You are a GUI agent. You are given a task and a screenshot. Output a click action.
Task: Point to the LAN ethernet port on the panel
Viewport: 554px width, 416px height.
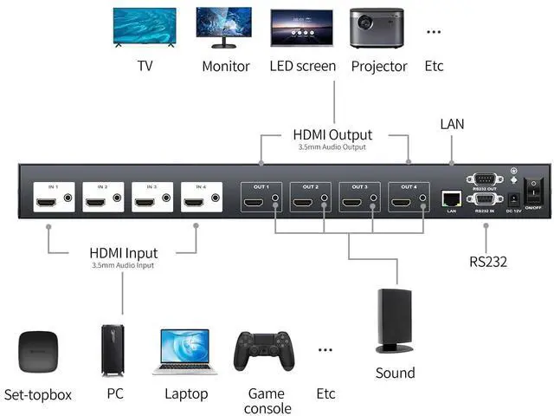[451, 198]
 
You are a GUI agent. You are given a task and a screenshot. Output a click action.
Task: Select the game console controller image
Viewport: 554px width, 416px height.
[266, 351]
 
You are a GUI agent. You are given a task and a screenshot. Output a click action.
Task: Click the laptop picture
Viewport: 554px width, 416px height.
[184, 352]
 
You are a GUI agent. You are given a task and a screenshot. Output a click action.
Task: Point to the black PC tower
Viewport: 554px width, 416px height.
[113, 350]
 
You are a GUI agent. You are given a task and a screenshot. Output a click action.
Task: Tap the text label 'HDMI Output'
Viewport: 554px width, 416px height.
[332, 135]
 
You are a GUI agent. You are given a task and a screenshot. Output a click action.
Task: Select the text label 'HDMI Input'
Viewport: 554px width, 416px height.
[122, 253]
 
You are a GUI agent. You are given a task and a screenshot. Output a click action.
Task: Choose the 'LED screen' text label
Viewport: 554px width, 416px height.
[303, 66]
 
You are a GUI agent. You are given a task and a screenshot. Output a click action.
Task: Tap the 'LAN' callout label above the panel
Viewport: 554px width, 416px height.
[452, 124]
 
